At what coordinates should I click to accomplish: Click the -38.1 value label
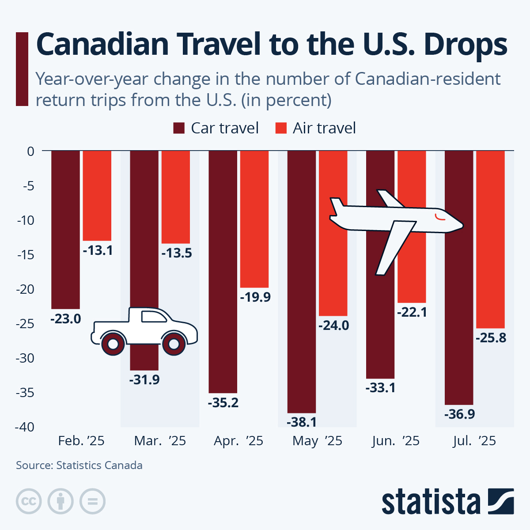(302, 422)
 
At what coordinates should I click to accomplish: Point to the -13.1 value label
(98, 250)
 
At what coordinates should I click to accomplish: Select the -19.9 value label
(255, 297)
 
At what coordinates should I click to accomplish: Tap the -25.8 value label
(491, 338)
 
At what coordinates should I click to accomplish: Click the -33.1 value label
(380, 388)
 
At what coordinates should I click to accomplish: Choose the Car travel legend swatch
(179, 128)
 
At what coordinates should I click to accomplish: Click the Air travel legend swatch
(281, 128)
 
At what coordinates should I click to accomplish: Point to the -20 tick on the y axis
(25, 289)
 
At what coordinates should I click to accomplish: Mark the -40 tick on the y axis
(25, 427)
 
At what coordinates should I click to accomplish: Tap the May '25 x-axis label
(317, 441)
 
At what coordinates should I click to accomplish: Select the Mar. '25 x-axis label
(160, 441)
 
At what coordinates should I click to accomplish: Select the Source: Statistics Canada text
(79, 465)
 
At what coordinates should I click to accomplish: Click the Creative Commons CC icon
(29, 501)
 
